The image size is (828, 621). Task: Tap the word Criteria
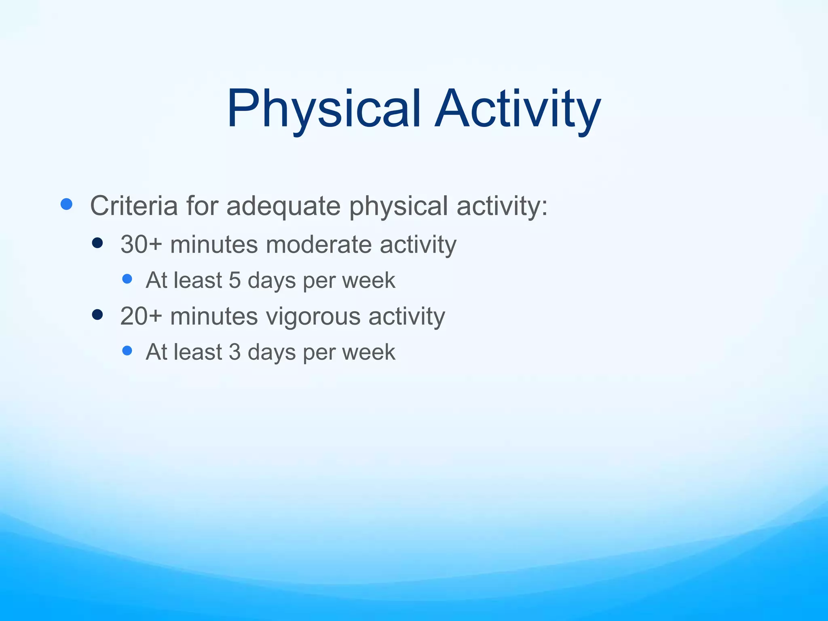134,206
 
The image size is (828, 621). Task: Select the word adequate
283,206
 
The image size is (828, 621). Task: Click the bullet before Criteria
66,204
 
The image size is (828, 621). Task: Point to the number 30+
141,245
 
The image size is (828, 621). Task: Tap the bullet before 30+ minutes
97,243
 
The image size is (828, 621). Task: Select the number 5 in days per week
234,280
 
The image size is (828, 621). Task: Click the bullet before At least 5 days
127,279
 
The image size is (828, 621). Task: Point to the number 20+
141,316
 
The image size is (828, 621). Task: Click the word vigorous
313,316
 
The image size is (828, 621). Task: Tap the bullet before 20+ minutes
97,315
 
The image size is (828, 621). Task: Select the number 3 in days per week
234,352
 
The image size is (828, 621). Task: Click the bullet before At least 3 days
127,351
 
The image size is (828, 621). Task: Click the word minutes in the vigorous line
214,316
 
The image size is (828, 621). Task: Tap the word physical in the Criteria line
398,206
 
